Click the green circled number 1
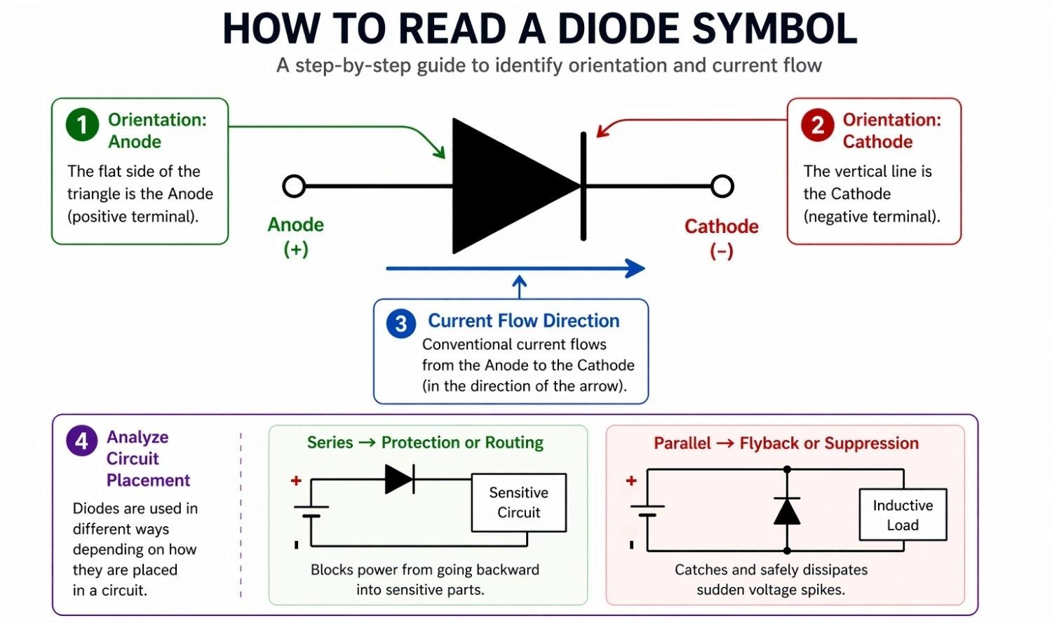click(82, 125)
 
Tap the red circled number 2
click(817, 126)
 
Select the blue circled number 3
click(400, 323)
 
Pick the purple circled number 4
click(81, 441)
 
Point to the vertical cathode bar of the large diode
click(584, 187)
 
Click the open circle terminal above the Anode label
click(294, 187)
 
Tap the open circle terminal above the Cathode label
click(722, 187)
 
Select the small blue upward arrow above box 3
click(519, 286)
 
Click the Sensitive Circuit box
click(518, 502)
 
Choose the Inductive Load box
click(903, 515)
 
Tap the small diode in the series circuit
click(399, 479)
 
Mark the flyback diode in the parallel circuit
click(787, 511)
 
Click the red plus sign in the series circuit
click(296, 481)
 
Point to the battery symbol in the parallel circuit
click(647, 511)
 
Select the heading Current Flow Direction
click(523, 321)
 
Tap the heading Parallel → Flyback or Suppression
click(785, 443)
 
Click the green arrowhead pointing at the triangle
click(440, 152)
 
